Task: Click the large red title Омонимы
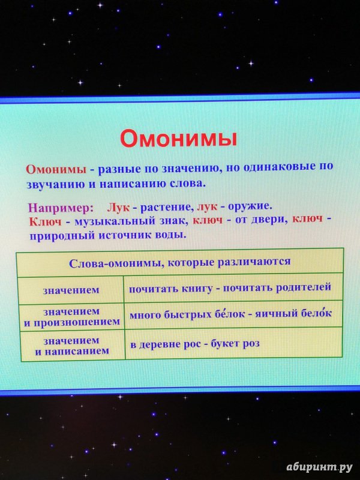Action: (178, 139)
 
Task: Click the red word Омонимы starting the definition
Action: (56, 169)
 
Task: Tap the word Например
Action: (61, 208)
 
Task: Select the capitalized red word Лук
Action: (118, 208)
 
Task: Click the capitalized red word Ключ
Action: (46, 221)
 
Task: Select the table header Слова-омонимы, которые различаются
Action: (179, 263)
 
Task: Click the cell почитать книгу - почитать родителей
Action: (230, 288)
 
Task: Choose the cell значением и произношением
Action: (71, 317)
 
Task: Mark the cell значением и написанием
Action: (71, 346)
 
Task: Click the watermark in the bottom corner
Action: (320, 467)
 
